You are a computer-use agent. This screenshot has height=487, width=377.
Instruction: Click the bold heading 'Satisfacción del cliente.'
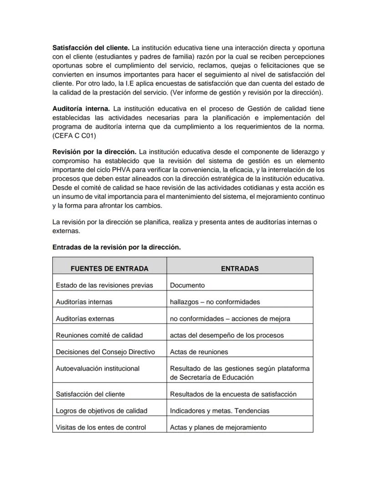point(91,48)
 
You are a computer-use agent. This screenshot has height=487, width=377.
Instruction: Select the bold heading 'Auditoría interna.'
point(81,109)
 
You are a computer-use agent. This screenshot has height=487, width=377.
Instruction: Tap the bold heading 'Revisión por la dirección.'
point(94,151)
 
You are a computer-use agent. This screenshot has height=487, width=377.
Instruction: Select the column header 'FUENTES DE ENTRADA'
point(109,268)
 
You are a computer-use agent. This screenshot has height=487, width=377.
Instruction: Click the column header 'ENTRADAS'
point(239,268)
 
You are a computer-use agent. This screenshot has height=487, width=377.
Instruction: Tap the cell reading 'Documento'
point(187,285)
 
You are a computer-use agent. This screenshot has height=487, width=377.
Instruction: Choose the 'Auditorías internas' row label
point(84,302)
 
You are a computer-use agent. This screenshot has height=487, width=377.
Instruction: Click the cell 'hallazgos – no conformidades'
point(214,302)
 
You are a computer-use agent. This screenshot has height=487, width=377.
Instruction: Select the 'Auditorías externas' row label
point(85,319)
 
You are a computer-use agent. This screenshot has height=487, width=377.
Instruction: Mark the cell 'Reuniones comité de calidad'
point(99,335)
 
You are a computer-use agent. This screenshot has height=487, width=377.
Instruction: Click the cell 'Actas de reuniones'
point(199,352)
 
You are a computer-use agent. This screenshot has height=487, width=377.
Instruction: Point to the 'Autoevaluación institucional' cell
point(97,368)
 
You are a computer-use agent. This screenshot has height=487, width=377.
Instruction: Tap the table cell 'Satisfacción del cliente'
point(90,394)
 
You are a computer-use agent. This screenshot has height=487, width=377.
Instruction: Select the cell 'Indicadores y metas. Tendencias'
point(219,411)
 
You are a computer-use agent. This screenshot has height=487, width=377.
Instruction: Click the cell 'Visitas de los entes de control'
point(101,427)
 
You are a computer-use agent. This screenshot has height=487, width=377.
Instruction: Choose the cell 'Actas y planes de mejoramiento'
point(218,427)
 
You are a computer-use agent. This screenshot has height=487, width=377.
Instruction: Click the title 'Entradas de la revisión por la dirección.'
point(117,247)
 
